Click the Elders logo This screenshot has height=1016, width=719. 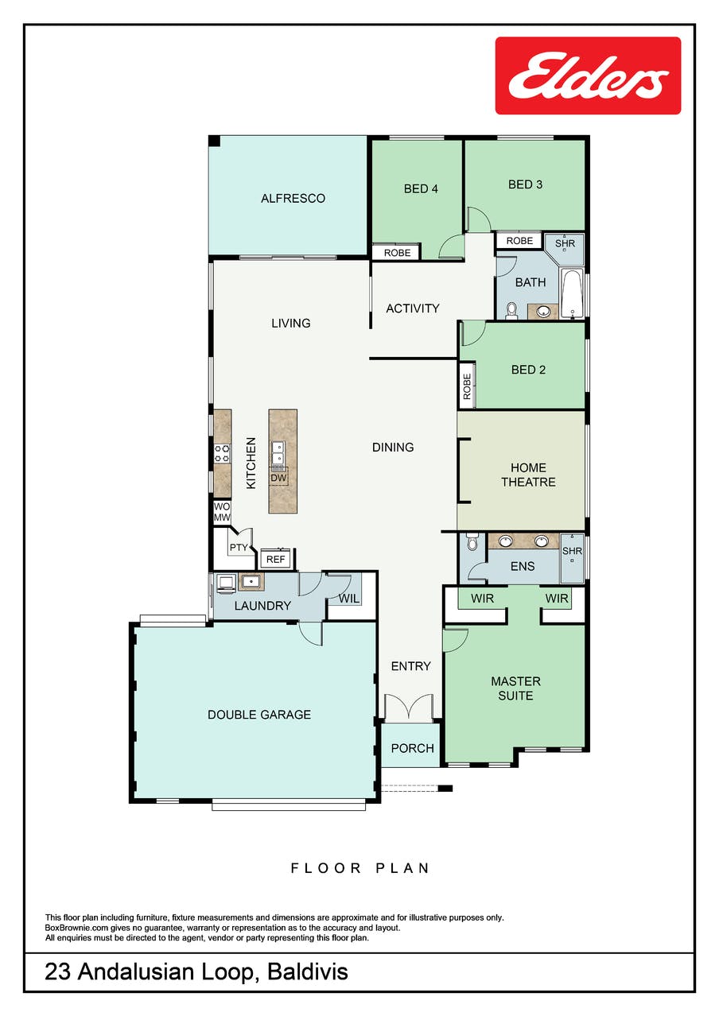pos(588,76)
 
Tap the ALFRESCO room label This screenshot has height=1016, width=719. pos(293,198)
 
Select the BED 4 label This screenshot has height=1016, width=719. pos(421,188)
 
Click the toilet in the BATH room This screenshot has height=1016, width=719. pos(511,311)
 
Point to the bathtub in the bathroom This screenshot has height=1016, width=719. pos(572,293)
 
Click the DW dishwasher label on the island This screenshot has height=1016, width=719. pos(278,478)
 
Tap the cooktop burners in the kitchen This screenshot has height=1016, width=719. pos(223,454)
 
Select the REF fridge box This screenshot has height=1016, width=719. pos(275,559)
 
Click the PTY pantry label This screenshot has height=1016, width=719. pos(239,548)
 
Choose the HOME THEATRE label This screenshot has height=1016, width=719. pos(528,475)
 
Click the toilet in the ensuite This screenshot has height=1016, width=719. pos(472,542)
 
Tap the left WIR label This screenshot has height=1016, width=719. pos(482,599)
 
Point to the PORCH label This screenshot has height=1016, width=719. pos(412,748)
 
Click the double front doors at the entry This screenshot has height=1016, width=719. pos(409,708)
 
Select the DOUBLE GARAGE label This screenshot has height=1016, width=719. pos(259,715)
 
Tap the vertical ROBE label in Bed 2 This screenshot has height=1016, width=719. pos(467,386)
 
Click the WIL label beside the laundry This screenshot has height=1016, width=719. pos(349,599)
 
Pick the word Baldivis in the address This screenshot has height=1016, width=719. pos(308,971)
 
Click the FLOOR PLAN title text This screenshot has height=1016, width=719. pos(359,868)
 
